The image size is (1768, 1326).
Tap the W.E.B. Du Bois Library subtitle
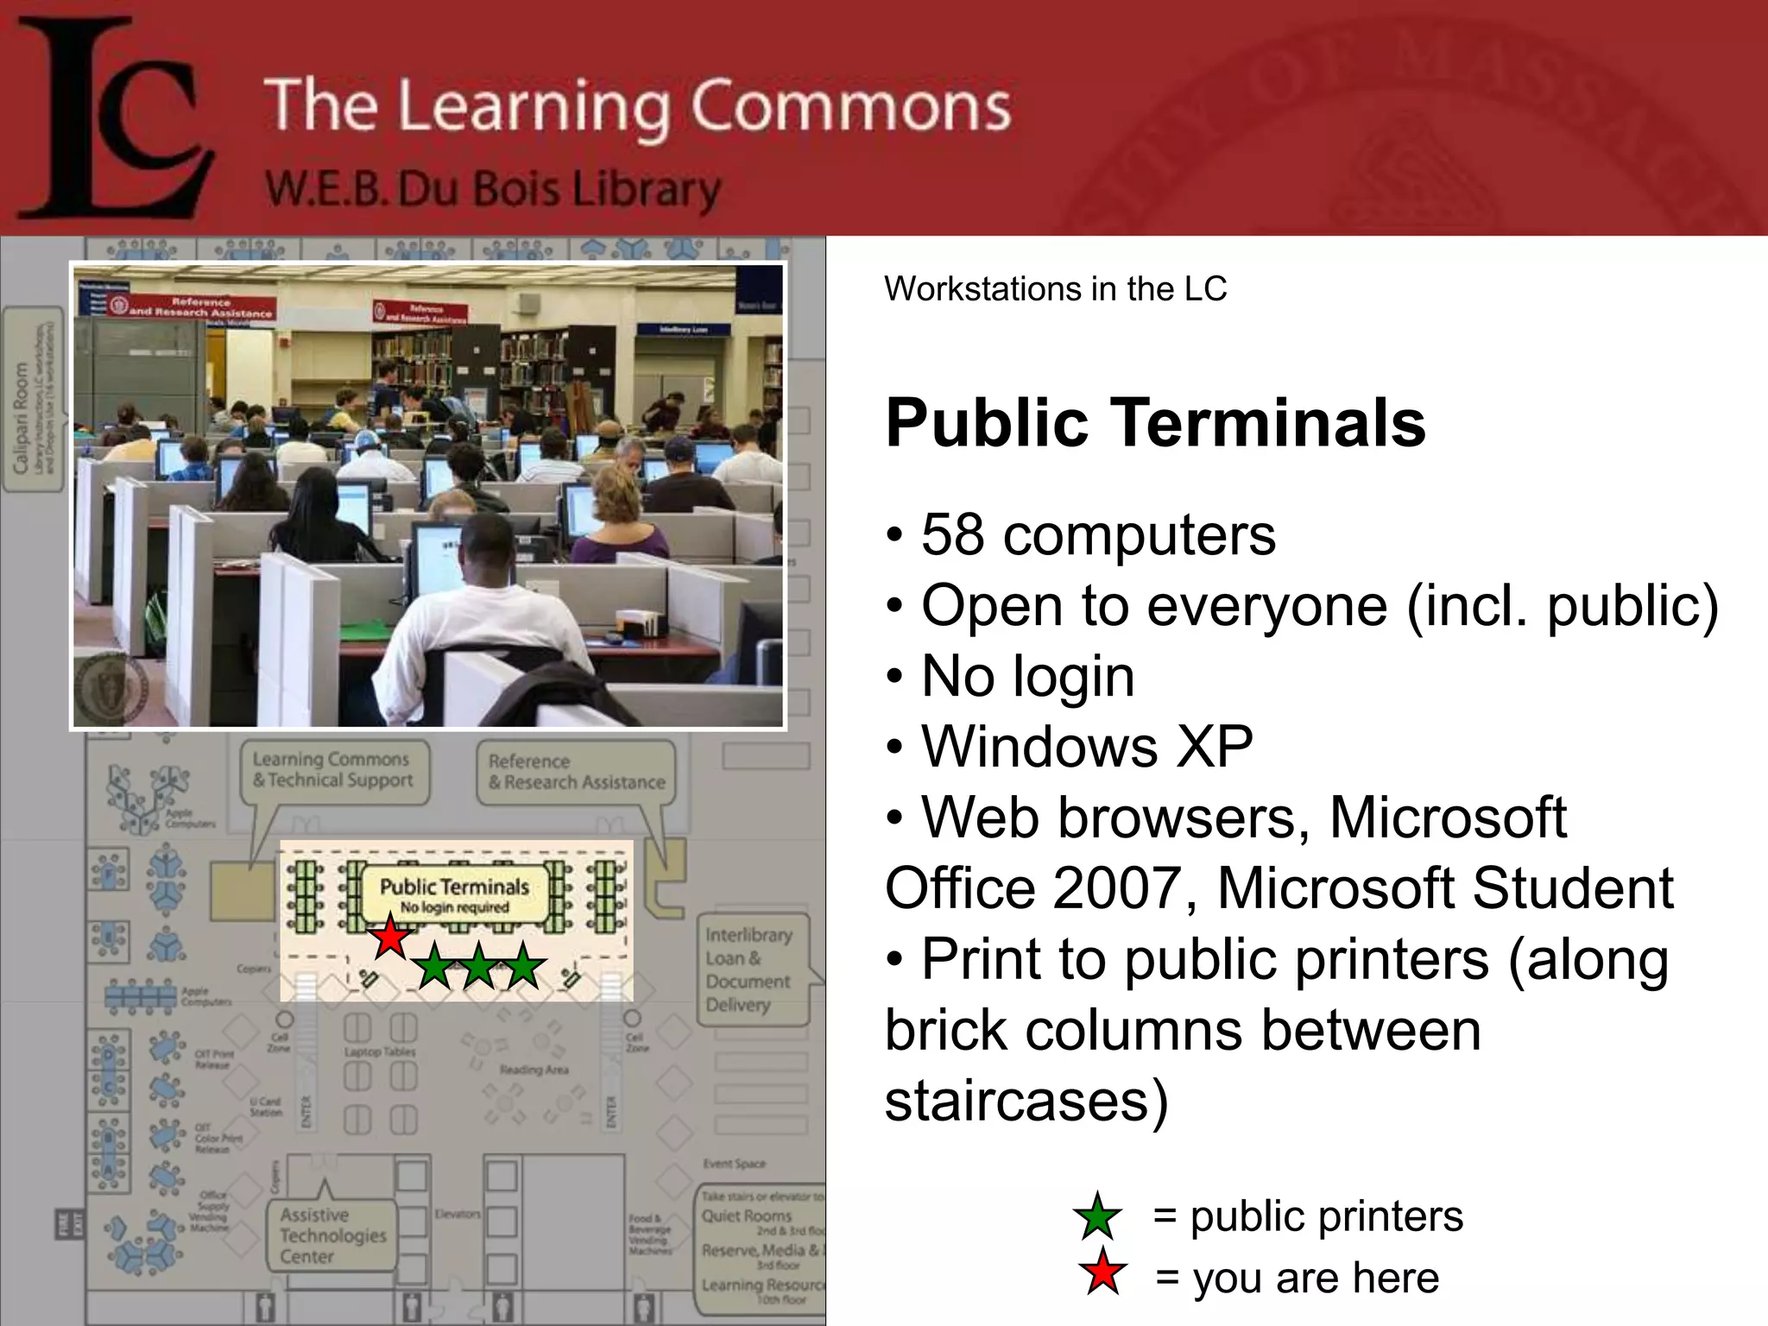(x=492, y=189)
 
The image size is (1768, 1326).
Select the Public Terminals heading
(x=1155, y=423)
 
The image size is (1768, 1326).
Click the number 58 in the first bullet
(x=952, y=534)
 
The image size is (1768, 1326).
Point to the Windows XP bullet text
(x=1087, y=746)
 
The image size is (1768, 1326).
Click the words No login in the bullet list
(x=1027, y=675)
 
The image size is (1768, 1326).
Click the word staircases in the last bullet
(x=1026, y=1100)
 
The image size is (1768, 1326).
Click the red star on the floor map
(x=390, y=938)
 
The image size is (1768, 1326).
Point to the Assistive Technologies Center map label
(x=332, y=1235)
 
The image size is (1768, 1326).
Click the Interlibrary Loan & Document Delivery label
(x=748, y=969)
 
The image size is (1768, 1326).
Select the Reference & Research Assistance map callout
(x=576, y=772)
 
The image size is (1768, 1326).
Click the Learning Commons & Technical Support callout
(x=333, y=769)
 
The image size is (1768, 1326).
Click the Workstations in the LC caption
(x=1055, y=288)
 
